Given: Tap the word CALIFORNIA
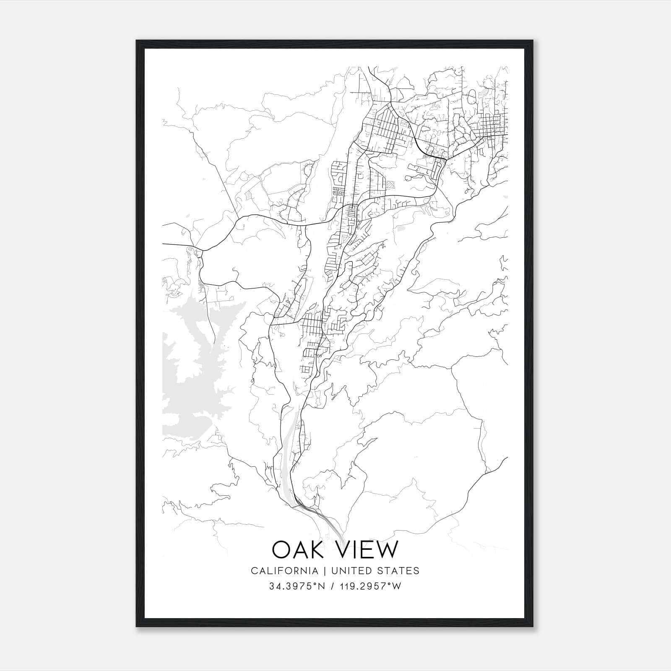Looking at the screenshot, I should [284, 571].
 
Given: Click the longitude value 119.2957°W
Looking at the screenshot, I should [371, 586].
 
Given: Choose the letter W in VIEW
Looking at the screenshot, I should [385, 549].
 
